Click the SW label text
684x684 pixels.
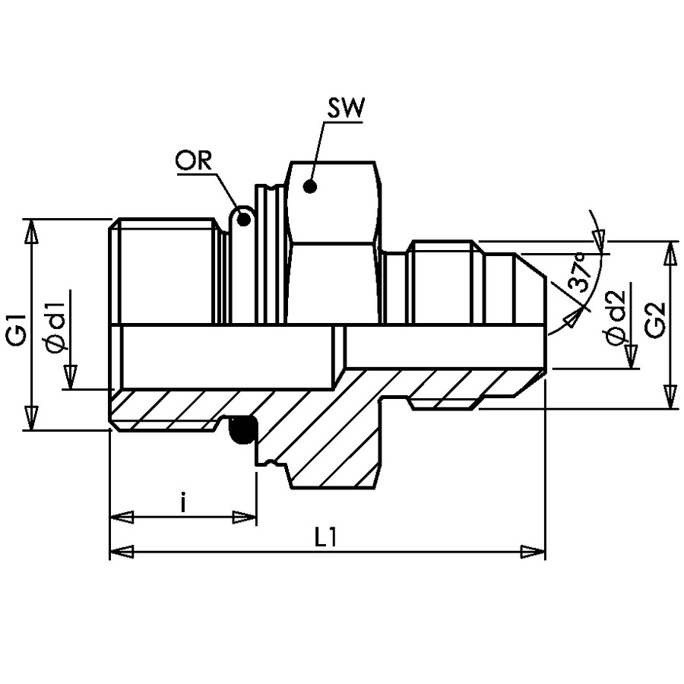coord(346,108)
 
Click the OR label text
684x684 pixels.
coord(193,160)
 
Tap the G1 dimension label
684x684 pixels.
coord(18,330)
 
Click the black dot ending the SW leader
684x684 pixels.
coord(310,187)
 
